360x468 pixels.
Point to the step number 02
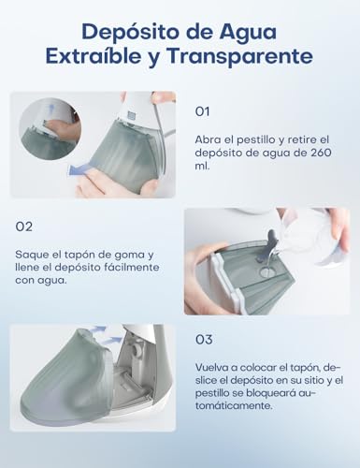[x=25, y=226]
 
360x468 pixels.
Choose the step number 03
[x=204, y=340]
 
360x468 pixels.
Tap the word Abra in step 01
[x=209, y=139]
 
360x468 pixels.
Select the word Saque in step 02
[x=34, y=254]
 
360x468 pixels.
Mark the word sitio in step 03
[x=295, y=381]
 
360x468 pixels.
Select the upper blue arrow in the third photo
[x=98, y=331]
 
